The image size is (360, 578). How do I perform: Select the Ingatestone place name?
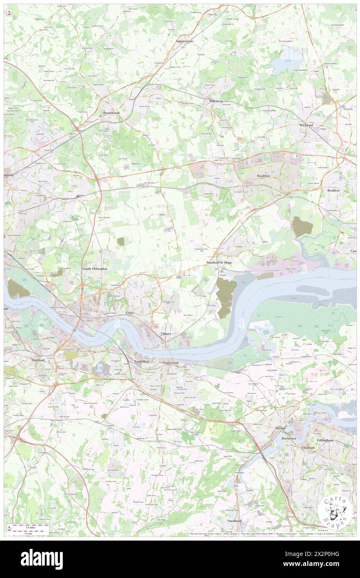pyautogui.click(x=185, y=42)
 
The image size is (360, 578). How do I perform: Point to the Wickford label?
pyautogui.click(x=306, y=125)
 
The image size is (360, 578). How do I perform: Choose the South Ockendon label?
pyautogui.click(x=94, y=269)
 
